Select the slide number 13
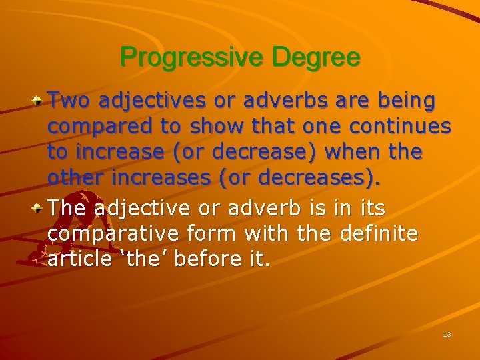tap(447, 334)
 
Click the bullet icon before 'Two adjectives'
tap(40, 101)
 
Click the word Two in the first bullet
tap(69, 101)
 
